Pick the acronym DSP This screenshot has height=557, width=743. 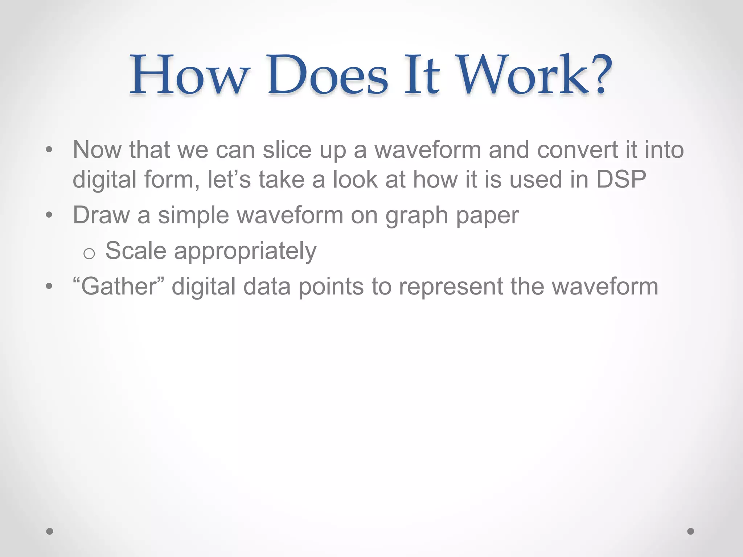click(x=621, y=179)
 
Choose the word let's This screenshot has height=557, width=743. click(x=229, y=179)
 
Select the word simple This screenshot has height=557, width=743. click(x=193, y=215)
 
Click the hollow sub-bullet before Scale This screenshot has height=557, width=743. click(x=89, y=253)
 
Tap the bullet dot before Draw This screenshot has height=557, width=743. click(x=49, y=215)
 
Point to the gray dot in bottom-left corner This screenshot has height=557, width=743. click(x=50, y=531)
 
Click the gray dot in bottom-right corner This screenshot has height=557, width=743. click(x=691, y=531)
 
